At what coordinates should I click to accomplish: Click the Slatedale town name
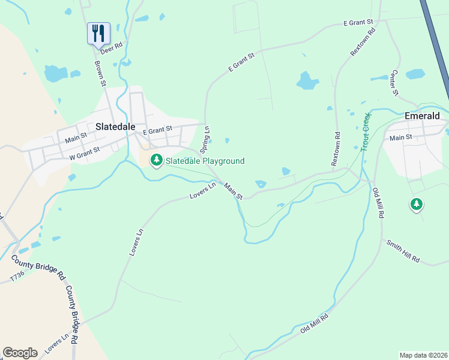click(x=115, y=127)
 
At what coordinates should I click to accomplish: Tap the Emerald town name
click(x=422, y=116)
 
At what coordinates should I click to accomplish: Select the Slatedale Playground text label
click(x=205, y=161)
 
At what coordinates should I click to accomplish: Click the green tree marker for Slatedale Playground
click(x=157, y=160)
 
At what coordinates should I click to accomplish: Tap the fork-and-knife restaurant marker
click(x=98, y=34)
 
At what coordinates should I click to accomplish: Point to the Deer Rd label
click(x=111, y=47)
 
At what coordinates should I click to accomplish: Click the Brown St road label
click(x=100, y=73)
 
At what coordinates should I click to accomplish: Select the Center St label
click(x=395, y=82)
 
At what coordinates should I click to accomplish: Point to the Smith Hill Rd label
click(x=403, y=252)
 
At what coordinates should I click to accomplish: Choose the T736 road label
click(x=18, y=277)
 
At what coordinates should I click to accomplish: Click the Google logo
click(x=20, y=352)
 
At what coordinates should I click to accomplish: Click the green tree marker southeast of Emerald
click(x=416, y=205)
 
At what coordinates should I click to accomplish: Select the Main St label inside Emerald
click(x=401, y=138)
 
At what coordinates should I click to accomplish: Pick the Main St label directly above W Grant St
click(x=76, y=140)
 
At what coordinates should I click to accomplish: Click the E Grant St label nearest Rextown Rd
click(x=358, y=23)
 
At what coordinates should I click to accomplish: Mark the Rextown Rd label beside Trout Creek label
click(x=336, y=149)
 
